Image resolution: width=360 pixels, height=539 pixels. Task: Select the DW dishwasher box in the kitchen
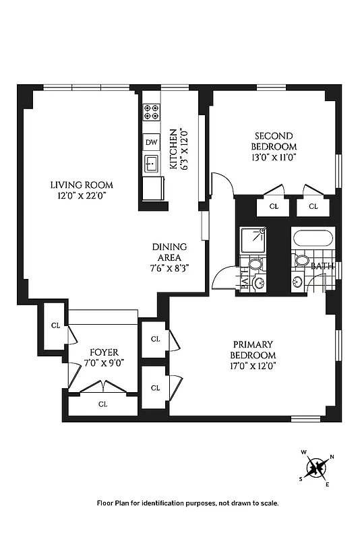pyautogui.click(x=151, y=142)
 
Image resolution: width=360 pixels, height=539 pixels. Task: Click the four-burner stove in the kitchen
pyautogui.click(x=151, y=111)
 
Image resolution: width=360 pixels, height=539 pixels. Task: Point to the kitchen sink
pyautogui.click(x=151, y=163)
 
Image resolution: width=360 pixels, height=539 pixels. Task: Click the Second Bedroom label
pyautogui.click(x=274, y=141)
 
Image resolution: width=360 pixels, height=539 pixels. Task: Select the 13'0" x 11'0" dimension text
pyautogui.click(x=274, y=156)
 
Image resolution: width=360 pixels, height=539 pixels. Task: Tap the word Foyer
pyautogui.click(x=104, y=352)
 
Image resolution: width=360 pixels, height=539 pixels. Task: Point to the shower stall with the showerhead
pyautogui.click(x=255, y=240)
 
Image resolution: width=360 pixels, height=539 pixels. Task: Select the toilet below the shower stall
pyautogui.click(x=256, y=263)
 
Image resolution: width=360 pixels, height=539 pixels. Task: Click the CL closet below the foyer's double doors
pyautogui.click(x=103, y=404)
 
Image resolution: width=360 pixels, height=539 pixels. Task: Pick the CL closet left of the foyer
pyautogui.click(x=55, y=325)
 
